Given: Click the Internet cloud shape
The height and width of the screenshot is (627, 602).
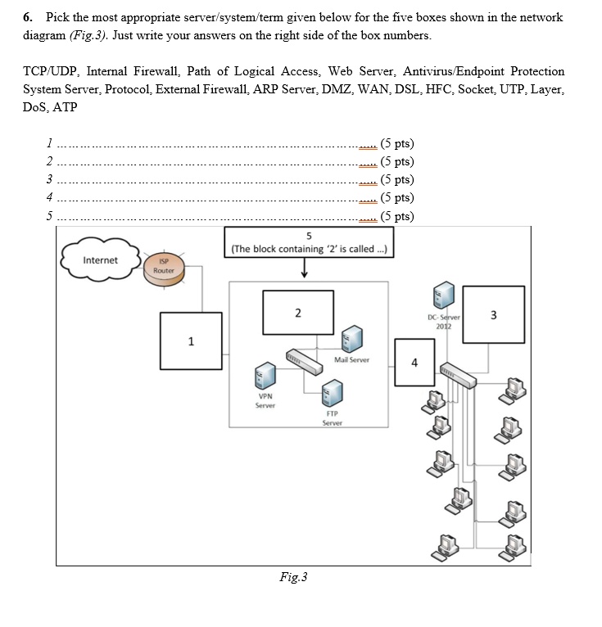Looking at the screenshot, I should coord(100,260).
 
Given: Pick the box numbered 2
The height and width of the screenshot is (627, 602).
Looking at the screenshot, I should coord(297,313).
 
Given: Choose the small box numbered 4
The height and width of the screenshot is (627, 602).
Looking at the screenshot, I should coord(414,362).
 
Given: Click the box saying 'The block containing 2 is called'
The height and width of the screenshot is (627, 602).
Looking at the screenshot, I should coord(310,242).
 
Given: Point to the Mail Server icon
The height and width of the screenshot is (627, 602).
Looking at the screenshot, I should coord(352,338).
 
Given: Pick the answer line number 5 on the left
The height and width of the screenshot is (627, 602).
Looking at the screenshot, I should coord(49,217).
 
